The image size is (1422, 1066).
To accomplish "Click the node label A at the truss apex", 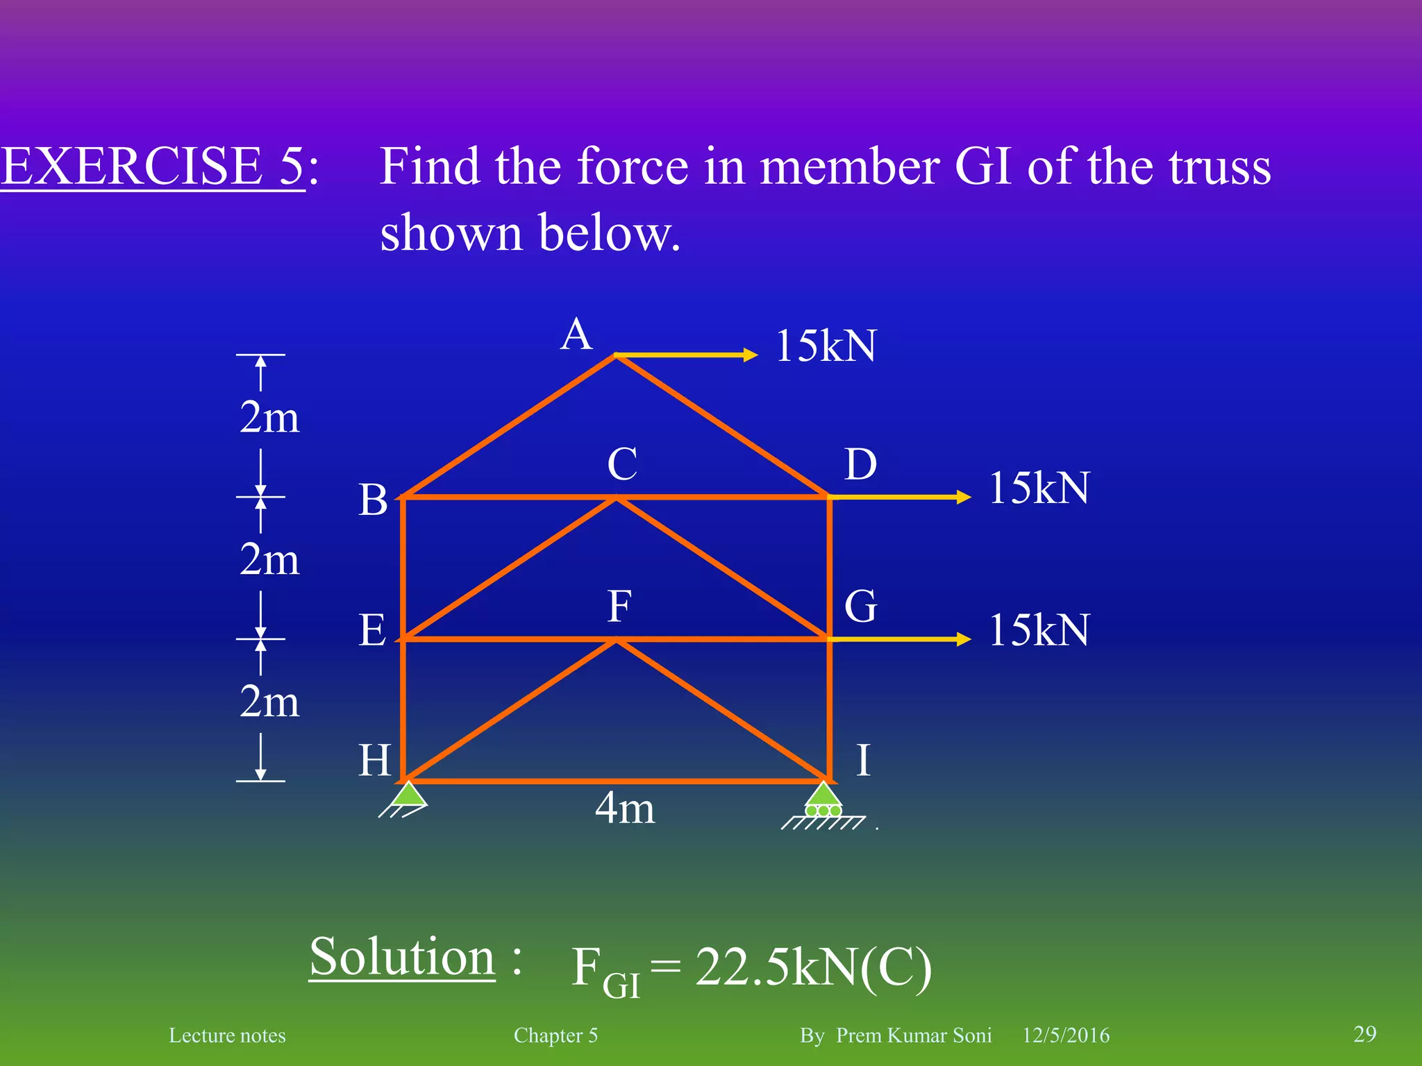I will pyautogui.click(x=576, y=336).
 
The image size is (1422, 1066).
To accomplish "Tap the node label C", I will pyautogui.click(x=622, y=464).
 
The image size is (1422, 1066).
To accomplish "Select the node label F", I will pyautogui.click(x=619, y=607).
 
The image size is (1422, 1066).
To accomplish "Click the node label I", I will pyautogui.click(x=863, y=760).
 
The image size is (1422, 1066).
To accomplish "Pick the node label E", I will pyautogui.click(x=372, y=631).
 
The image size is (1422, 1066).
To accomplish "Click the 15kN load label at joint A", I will pyautogui.click(x=826, y=346).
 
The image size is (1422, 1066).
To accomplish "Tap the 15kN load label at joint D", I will pyautogui.click(x=1039, y=488).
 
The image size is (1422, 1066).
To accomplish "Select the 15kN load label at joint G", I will pyautogui.click(x=1039, y=630).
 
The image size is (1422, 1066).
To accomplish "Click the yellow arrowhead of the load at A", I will pyautogui.click(x=751, y=355).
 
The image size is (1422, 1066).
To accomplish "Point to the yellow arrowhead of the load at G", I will pyautogui.click(x=964, y=639).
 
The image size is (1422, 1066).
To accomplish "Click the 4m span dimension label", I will pyautogui.click(x=625, y=809).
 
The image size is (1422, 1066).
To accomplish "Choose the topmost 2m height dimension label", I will pyautogui.click(x=269, y=418).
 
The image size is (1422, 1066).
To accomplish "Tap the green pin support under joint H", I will pyautogui.click(x=409, y=795).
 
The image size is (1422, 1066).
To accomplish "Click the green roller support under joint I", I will pyautogui.click(x=823, y=802).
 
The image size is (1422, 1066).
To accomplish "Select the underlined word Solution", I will pyautogui.click(x=402, y=957).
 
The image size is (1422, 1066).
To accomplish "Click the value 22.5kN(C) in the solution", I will pyautogui.click(x=813, y=967).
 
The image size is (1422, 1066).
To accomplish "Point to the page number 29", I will pyautogui.click(x=1365, y=1033).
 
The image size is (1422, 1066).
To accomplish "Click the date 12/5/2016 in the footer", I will pyautogui.click(x=1066, y=1035).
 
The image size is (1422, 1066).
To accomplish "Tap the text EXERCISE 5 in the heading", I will pyautogui.click(x=153, y=167).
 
